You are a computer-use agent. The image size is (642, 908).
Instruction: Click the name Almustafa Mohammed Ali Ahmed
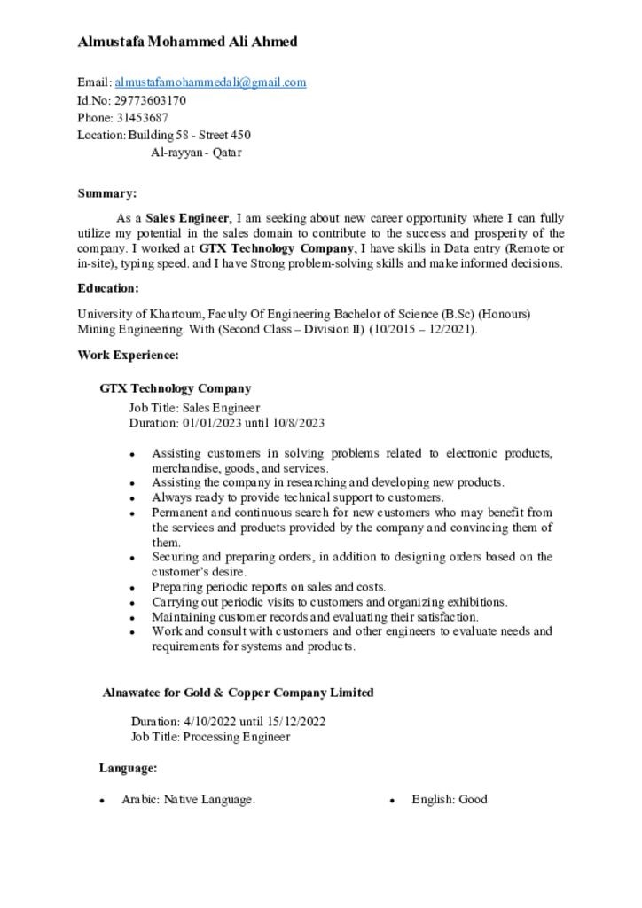tap(187, 42)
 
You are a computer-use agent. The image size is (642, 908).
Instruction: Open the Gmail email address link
tap(210, 82)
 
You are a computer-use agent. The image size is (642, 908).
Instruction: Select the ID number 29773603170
tap(150, 100)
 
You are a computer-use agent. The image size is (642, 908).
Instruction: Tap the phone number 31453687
tap(142, 117)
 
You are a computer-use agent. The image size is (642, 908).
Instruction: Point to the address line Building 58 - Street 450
tap(189, 135)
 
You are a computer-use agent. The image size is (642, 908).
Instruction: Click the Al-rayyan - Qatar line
tap(196, 153)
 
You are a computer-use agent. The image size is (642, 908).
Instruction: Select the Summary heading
tap(106, 193)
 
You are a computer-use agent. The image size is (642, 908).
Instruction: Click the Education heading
tap(108, 288)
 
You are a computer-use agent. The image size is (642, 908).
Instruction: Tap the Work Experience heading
tap(128, 356)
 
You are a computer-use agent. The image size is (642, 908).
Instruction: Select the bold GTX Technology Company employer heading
tap(176, 388)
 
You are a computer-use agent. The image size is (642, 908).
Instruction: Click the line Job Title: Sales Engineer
tap(194, 408)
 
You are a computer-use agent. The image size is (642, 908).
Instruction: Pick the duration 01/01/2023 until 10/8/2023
tap(226, 423)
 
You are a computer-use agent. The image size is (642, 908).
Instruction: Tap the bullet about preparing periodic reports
tap(269, 587)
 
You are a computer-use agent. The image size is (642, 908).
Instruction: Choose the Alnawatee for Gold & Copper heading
tap(238, 693)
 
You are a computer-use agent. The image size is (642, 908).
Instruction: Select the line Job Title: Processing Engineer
tap(210, 737)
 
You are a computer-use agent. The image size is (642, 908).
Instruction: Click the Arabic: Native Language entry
tap(189, 800)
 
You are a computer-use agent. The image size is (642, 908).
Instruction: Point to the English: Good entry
tap(449, 800)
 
